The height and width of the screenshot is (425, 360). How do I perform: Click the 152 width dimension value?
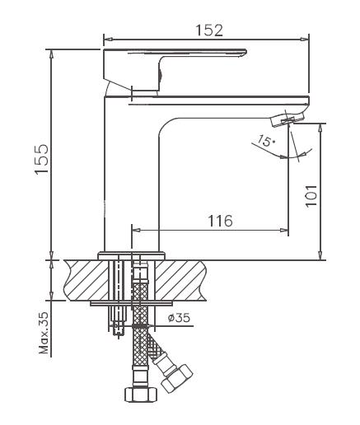click(x=209, y=30)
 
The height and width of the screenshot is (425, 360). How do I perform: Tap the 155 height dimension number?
click(x=42, y=158)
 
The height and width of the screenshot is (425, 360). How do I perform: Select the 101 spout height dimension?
click(x=311, y=196)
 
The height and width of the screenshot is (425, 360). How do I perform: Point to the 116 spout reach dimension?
click(x=220, y=221)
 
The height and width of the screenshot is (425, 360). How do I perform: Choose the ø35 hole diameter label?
click(x=179, y=318)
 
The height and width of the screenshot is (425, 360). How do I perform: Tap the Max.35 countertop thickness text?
click(x=44, y=333)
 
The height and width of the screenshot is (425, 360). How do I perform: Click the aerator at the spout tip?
click(x=288, y=119)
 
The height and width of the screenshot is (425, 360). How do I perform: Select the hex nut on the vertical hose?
click(x=141, y=394)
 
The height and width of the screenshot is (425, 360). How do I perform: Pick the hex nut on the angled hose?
click(x=177, y=378)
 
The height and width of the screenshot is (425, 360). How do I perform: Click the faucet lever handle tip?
click(x=245, y=52)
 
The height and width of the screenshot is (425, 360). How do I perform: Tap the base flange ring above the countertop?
click(x=132, y=255)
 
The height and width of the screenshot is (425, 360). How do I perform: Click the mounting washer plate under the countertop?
click(x=132, y=303)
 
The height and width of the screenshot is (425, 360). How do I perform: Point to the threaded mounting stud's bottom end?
click(x=119, y=334)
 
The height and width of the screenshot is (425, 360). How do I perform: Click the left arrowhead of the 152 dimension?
click(x=108, y=39)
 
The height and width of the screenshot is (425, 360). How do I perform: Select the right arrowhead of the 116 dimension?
click(x=284, y=230)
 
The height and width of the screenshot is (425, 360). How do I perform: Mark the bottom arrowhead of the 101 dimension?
click(x=320, y=255)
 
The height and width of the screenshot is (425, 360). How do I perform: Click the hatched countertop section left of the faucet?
click(x=87, y=280)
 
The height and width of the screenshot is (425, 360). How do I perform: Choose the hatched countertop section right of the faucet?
click(x=180, y=280)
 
